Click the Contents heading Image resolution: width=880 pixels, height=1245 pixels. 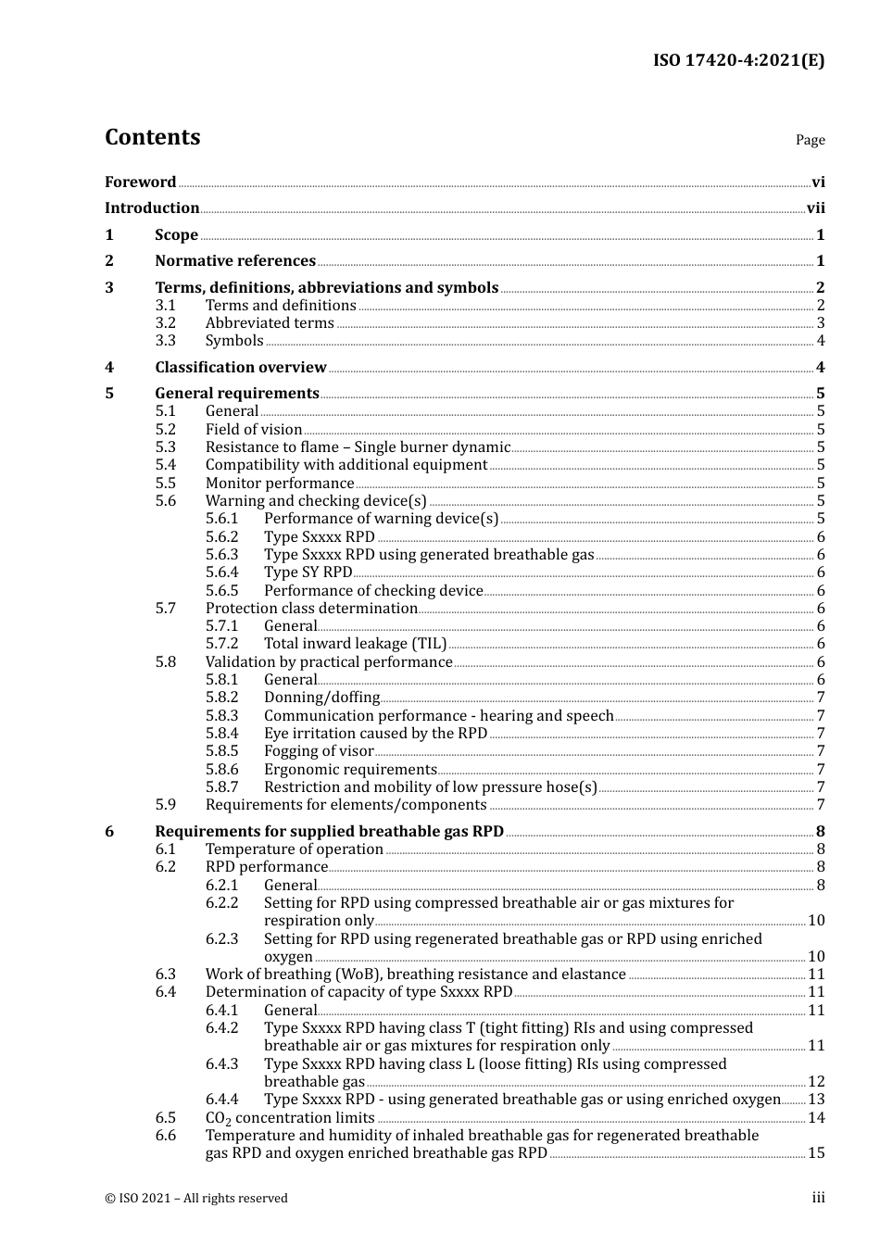click(152, 137)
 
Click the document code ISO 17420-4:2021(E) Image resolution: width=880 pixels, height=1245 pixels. click(738, 60)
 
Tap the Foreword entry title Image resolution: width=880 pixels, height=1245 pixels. click(140, 182)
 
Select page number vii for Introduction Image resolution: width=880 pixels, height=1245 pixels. click(815, 208)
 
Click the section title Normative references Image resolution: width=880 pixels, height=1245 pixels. click(235, 261)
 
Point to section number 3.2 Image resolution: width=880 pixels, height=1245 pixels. click(165, 323)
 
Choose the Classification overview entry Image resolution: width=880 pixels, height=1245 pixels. click(241, 367)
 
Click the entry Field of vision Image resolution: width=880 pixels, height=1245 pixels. click(254, 430)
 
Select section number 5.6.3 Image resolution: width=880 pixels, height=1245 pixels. click(221, 555)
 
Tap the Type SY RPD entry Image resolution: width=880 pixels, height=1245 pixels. click(308, 572)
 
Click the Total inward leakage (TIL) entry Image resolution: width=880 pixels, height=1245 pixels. click(355, 644)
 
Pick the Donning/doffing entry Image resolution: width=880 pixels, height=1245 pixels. click(321, 698)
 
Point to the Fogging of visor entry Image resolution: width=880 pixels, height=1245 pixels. click(319, 751)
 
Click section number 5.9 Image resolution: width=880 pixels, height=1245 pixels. click(165, 805)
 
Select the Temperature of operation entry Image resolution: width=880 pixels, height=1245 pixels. click(294, 849)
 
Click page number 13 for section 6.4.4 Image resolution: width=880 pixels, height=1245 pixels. click(816, 1100)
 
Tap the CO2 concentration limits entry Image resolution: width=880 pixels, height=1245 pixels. click(289, 1118)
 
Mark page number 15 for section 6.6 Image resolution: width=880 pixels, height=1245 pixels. click(816, 1153)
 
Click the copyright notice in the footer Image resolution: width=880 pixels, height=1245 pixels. click(195, 1198)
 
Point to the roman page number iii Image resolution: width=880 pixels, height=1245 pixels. click(818, 1198)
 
